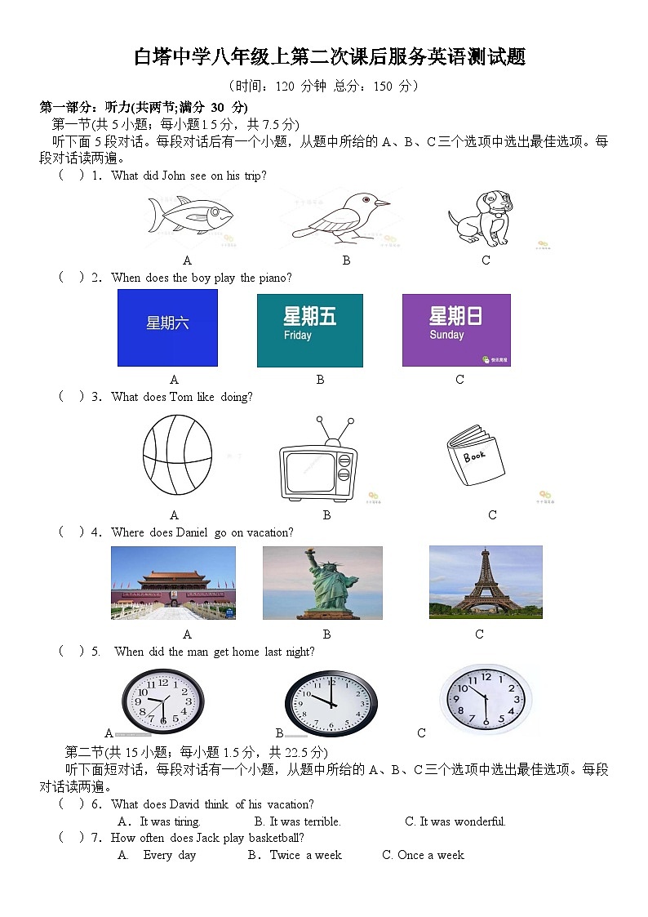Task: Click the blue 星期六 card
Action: coord(167,327)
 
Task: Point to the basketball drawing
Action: coord(177,456)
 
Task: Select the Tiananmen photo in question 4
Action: coord(173,582)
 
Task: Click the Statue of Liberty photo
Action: coord(322,583)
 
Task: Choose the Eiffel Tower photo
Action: coord(486,581)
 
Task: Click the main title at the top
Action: coord(330,57)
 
